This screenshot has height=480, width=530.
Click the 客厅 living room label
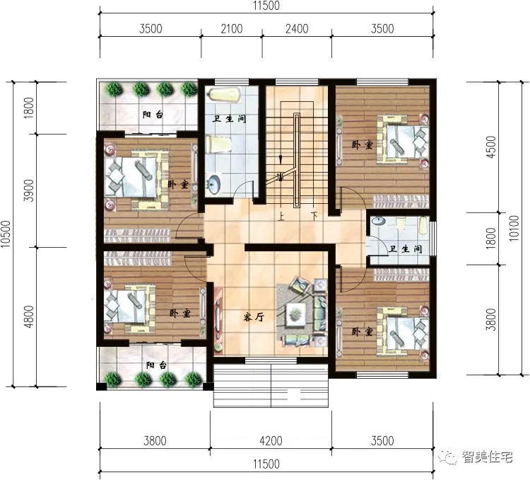coord(254,317)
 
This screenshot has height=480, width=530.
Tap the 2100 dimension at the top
coord(232,29)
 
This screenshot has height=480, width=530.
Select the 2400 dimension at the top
coord(297,29)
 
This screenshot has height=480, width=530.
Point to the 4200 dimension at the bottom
coord(271,440)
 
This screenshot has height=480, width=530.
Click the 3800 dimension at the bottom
coord(155,440)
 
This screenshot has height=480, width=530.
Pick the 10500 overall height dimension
coord(6,234)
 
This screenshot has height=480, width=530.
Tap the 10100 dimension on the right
coord(514,228)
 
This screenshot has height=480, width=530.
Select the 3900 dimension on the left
coord(29,190)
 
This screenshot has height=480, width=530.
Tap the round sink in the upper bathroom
coord(213,184)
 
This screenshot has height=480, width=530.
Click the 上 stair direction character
coord(281,216)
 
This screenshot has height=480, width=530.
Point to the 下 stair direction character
coord(314,216)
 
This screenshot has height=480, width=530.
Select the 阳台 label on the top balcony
coord(153,115)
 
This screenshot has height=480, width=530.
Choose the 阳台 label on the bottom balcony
coord(156,365)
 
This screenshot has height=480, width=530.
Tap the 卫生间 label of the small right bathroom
coord(406,249)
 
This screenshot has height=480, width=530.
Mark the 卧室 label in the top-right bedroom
coord(363,145)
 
